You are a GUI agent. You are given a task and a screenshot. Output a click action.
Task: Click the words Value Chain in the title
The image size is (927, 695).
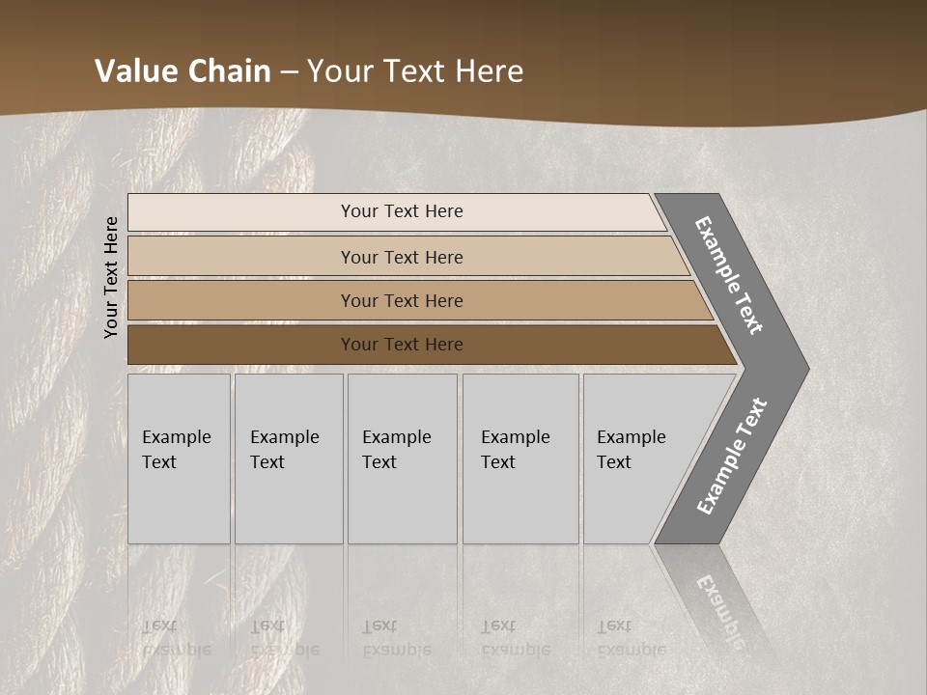[183, 71]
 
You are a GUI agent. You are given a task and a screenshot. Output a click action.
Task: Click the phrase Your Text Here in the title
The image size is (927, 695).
[415, 71]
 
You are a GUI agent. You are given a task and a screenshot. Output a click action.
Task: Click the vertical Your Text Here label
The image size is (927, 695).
[111, 277]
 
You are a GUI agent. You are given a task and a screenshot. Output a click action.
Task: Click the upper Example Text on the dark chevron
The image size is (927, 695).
[729, 275]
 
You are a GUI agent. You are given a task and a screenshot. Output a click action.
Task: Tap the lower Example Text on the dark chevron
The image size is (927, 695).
[731, 457]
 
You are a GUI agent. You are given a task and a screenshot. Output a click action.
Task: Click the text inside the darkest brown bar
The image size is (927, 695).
[402, 345]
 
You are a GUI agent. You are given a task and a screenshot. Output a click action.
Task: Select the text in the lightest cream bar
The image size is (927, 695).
[402, 211]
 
